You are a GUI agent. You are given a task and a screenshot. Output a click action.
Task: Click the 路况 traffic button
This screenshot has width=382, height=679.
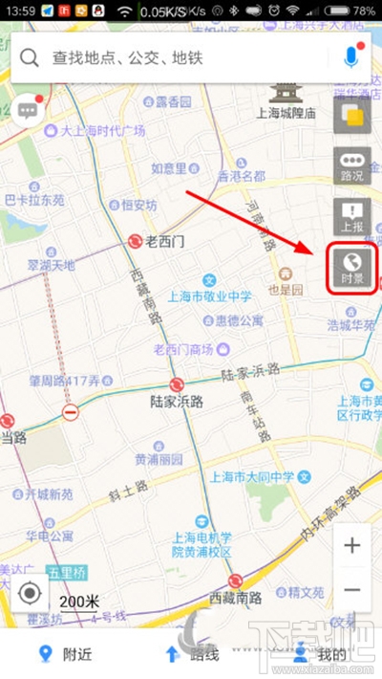pyautogui.click(x=351, y=167)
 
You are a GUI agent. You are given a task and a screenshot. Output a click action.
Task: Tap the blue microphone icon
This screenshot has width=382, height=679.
pyautogui.click(x=350, y=57)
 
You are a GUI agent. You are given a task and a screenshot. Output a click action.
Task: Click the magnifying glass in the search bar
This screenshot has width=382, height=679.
pyautogui.click(x=30, y=57)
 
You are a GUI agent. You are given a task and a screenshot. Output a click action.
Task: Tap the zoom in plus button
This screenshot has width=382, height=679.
pyautogui.click(x=352, y=546)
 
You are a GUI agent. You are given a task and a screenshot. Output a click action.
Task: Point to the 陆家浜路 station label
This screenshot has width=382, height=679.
pyautogui.click(x=178, y=401)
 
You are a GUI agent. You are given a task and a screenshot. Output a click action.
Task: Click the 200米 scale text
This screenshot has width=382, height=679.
pyautogui.click(x=78, y=601)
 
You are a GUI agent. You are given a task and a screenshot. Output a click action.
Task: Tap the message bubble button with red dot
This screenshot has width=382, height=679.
pyautogui.click(x=27, y=110)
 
